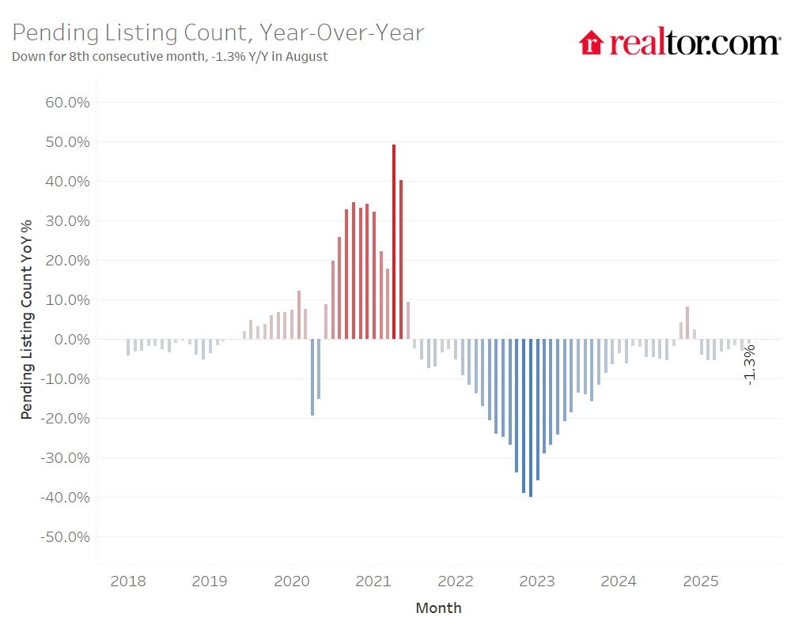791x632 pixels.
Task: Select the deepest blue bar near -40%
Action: tap(530, 418)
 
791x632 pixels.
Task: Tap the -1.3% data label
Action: tap(749, 364)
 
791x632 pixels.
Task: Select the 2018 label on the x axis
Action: tap(127, 582)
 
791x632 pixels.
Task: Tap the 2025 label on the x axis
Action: tap(700, 582)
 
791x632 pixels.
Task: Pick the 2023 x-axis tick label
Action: tap(537, 582)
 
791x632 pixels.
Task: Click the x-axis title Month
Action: tap(438, 608)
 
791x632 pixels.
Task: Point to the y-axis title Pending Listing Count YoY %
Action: tap(27, 320)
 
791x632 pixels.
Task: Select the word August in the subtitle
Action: tap(306, 57)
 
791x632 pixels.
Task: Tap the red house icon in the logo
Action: tap(591, 43)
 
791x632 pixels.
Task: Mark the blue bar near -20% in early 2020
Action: tap(312, 378)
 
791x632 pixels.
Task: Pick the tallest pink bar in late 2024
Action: tap(687, 323)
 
